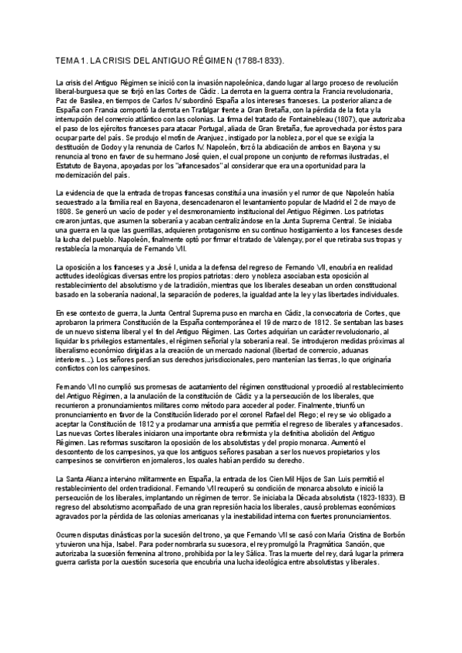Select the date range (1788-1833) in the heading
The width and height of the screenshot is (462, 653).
click(x=257, y=59)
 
